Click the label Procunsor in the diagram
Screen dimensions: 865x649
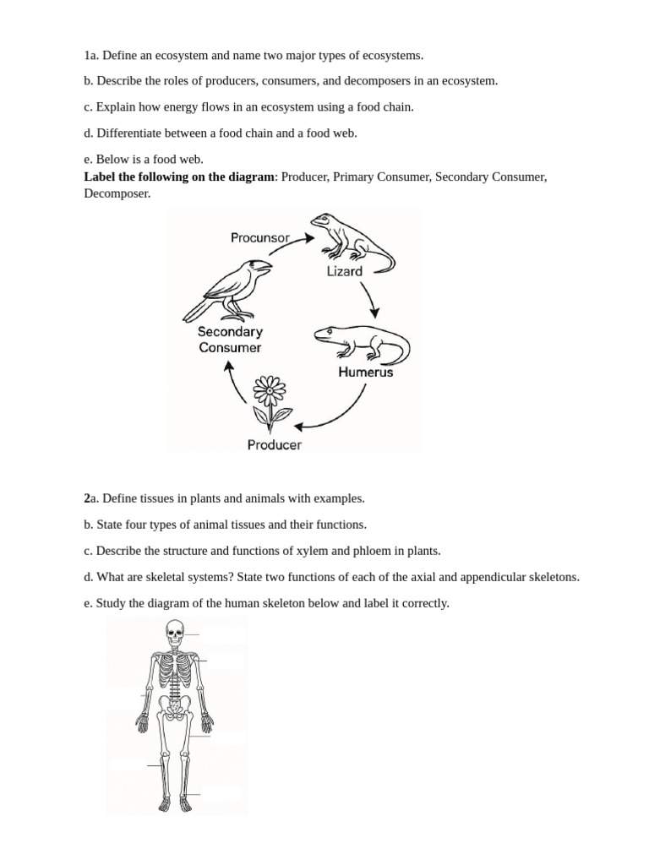click(x=260, y=237)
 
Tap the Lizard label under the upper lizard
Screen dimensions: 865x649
click(x=344, y=271)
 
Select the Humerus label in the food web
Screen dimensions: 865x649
click(x=365, y=372)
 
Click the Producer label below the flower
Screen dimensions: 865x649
click(x=274, y=445)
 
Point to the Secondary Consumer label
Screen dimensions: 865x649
click(x=230, y=340)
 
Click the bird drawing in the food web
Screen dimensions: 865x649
click(x=229, y=289)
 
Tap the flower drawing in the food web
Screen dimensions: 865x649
click(x=271, y=402)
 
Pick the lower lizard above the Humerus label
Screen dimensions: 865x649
click(x=362, y=341)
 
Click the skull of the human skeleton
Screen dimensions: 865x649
click(x=175, y=631)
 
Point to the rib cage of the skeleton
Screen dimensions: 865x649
click(x=176, y=673)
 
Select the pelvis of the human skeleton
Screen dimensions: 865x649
click(x=175, y=709)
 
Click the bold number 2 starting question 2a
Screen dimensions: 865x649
click(x=87, y=498)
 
